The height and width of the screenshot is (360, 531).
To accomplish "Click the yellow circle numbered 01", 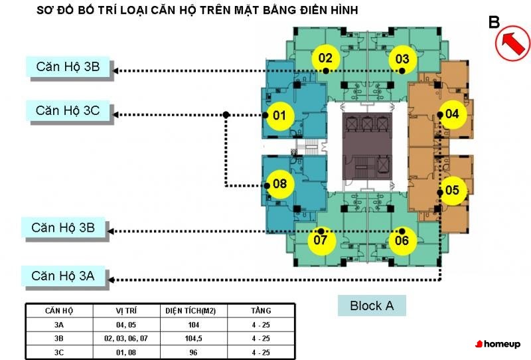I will [279, 116].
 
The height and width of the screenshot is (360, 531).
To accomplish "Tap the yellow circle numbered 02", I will [325, 58].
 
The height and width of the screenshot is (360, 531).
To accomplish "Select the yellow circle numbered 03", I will [402, 59].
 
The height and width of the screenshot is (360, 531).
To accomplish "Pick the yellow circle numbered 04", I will [452, 114].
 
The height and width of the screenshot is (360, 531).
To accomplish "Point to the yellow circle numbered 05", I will [452, 191].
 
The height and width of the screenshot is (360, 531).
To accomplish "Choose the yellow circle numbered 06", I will [402, 240].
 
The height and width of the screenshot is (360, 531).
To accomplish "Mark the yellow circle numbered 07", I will [321, 240].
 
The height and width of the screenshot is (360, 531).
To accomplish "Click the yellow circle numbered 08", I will [279, 183].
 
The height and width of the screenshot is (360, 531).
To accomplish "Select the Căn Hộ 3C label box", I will [68, 110].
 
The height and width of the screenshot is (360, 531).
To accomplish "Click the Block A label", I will [372, 306].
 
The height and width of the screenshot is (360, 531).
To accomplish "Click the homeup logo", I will [498, 343].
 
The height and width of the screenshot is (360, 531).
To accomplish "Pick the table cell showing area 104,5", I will [195, 337].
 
